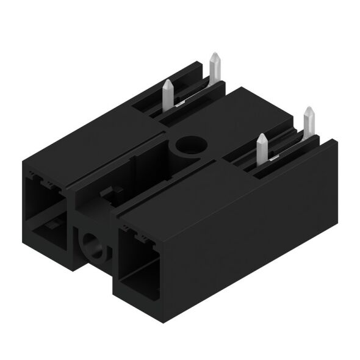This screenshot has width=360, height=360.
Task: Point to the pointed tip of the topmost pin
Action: point(214,55)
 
